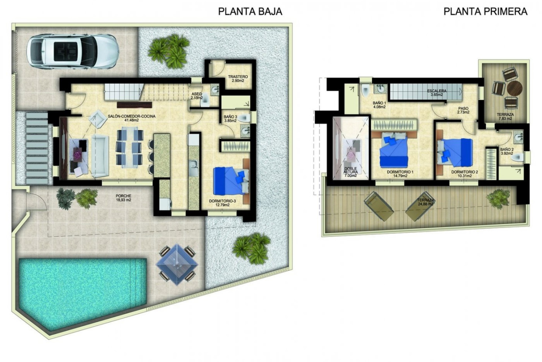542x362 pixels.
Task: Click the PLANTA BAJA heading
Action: click(250, 11)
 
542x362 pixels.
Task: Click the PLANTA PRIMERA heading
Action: click(486, 11)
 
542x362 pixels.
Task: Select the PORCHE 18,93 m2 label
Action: click(123, 198)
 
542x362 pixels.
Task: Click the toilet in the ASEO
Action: click(205, 101)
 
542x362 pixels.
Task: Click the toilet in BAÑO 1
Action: click(365, 90)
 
